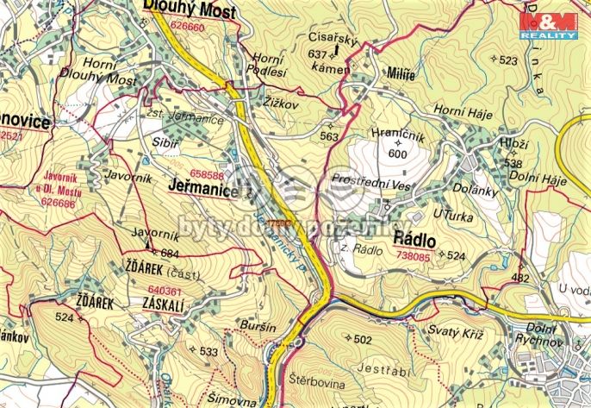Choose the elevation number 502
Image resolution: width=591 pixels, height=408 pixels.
[x=363, y=339]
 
